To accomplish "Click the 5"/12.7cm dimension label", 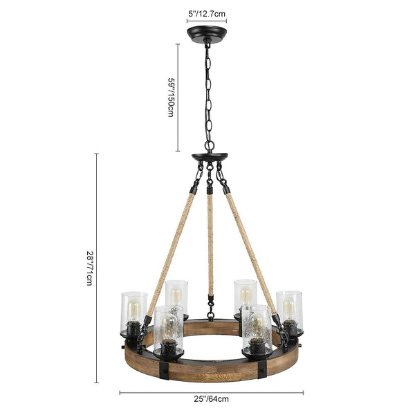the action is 207,14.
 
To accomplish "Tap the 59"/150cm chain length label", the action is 171,97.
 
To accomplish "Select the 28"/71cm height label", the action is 89,268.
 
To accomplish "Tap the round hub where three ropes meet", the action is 210,157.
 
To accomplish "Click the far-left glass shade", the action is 133,313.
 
